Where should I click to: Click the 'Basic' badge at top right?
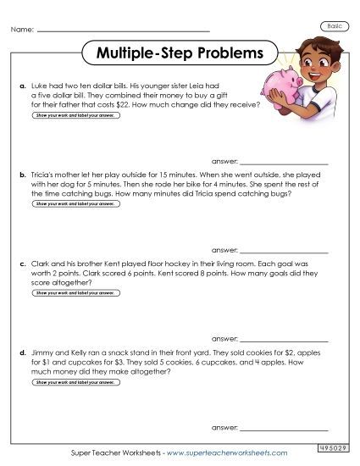coord(335,28)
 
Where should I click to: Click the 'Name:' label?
coord(23,31)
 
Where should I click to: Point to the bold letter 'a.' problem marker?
coord(22,86)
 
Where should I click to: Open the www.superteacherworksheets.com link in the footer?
coord(226,453)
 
